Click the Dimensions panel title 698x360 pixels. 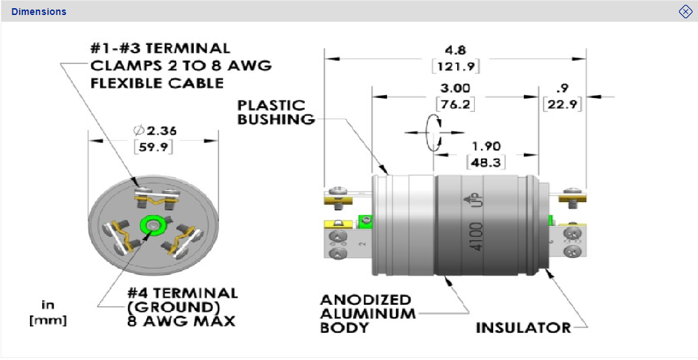click(39, 12)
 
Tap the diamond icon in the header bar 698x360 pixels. click(685, 12)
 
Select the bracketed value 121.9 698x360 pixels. click(455, 66)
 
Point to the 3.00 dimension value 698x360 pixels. click(455, 88)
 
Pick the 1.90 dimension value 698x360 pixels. click(486, 147)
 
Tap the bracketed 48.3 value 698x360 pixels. click(486, 163)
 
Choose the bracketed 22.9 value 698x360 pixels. click(562, 104)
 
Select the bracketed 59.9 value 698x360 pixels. click(154, 146)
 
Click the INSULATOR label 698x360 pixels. click(523, 327)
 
